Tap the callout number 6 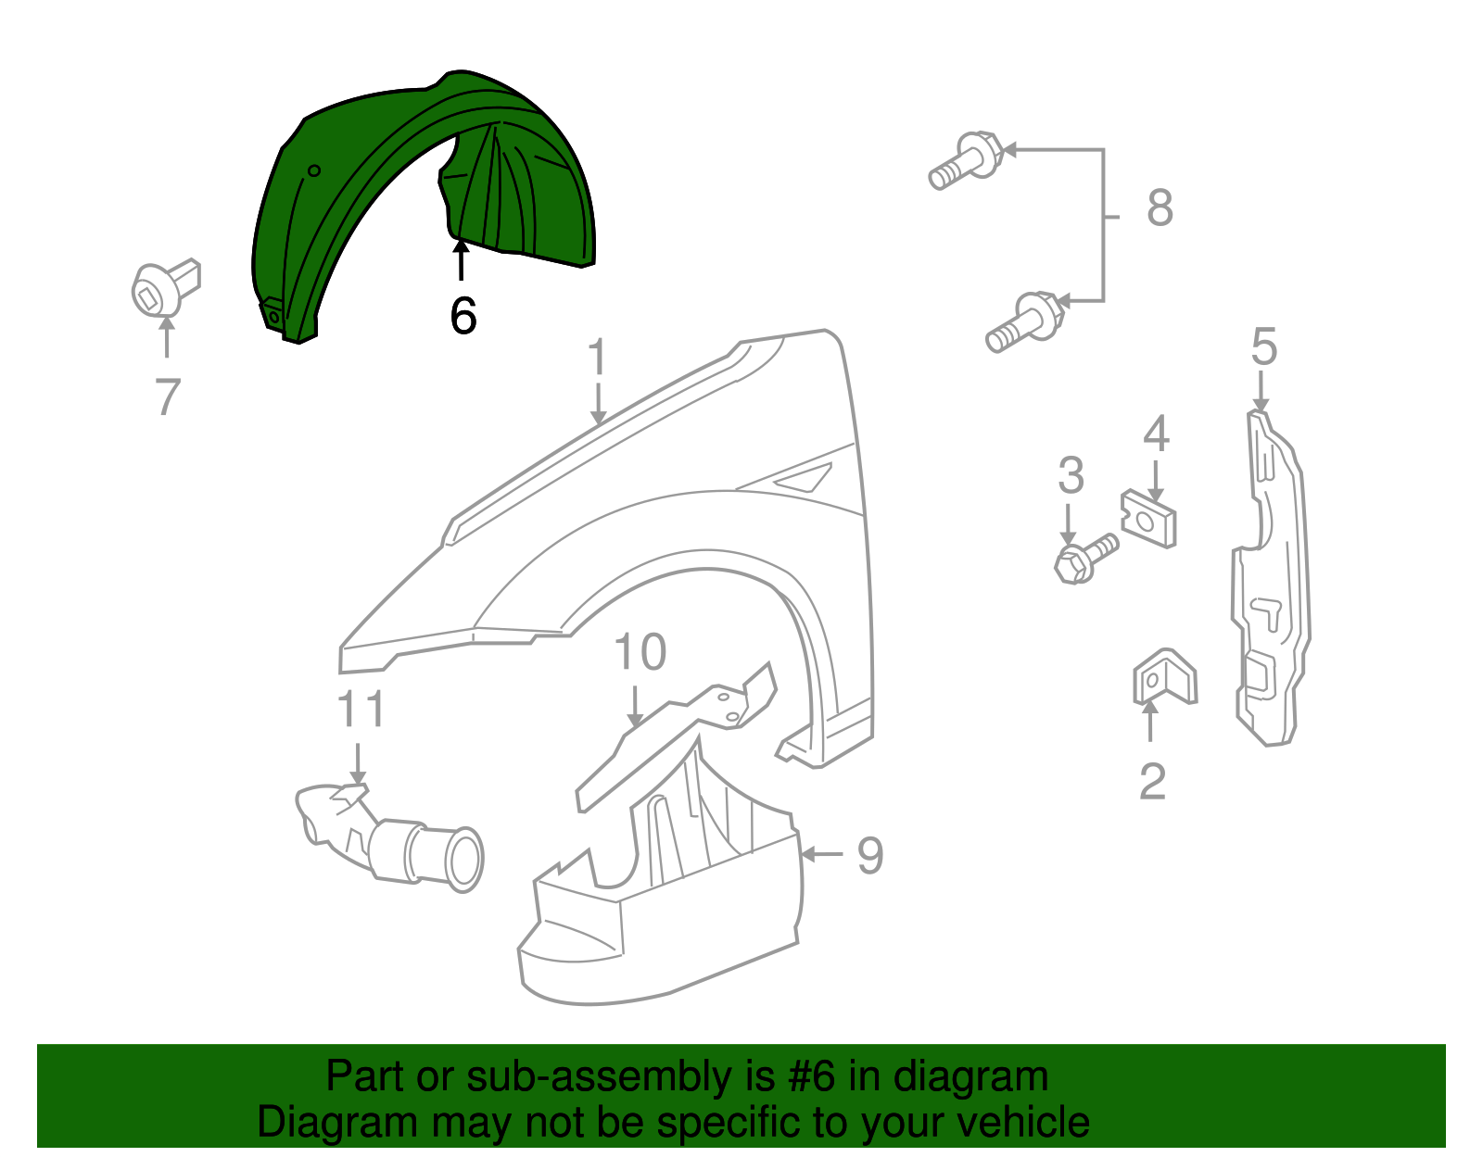[463, 316]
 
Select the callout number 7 [167, 396]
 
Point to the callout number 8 [1160, 208]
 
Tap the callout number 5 [1263, 346]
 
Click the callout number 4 [1155, 434]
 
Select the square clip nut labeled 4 [1149, 520]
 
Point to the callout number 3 [1071, 475]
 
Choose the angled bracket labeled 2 [1163, 676]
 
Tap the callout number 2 [1152, 782]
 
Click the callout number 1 [598, 357]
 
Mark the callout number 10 [640, 652]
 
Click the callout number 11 [361, 711]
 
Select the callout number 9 [869, 855]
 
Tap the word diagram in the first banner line [970, 1077]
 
